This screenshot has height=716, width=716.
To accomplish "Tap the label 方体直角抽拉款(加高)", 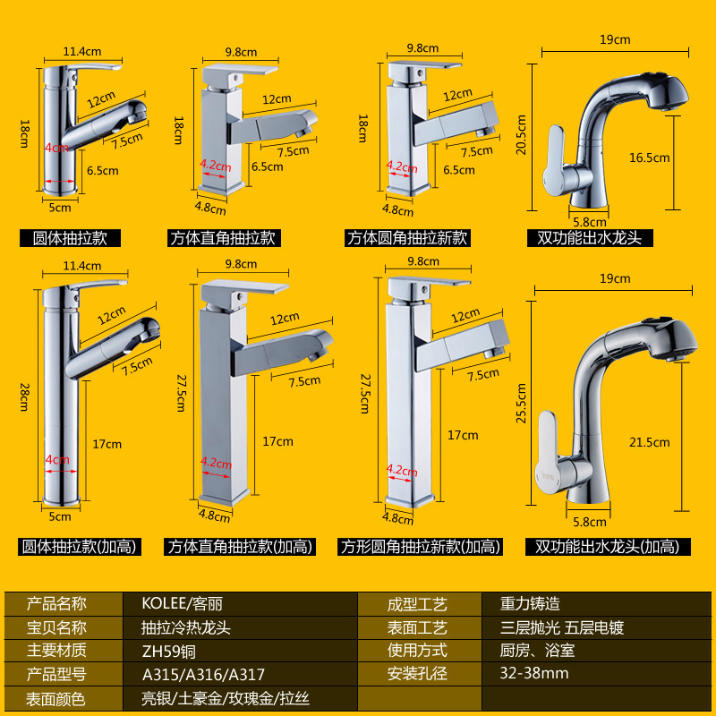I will (240, 546).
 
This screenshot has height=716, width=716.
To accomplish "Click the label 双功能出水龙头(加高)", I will (607, 546).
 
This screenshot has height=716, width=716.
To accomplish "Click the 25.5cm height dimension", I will (522, 395).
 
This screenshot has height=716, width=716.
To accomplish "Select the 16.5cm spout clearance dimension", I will (649, 158).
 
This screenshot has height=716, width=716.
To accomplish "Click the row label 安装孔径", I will (417, 674).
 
